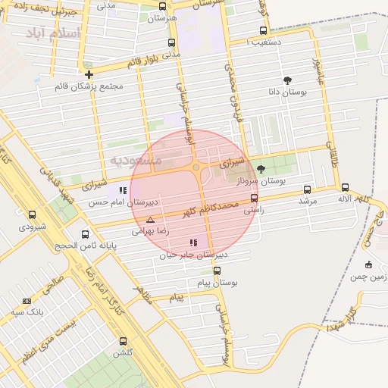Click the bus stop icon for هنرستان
(x=162, y=6)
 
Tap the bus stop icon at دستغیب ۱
(x=263, y=31)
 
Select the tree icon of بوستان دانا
(x=287, y=80)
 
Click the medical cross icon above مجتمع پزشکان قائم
(x=89, y=74)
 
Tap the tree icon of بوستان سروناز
(x=261, y=169)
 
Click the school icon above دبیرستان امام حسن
(x=123, y=191)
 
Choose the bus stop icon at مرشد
(x=307, y=189)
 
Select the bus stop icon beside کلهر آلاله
(x=346, y=187)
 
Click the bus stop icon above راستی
(x=254, y=199)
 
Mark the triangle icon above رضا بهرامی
(x=149, y=221)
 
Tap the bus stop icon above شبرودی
(x=32, y=215)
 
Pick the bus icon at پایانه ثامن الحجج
(x=85, y=234)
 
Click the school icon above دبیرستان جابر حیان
(x=193, y=243)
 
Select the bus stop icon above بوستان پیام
(x=217, y=271)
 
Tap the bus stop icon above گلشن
(x=123, y=341)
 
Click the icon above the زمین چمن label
(x=368, y=264)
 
